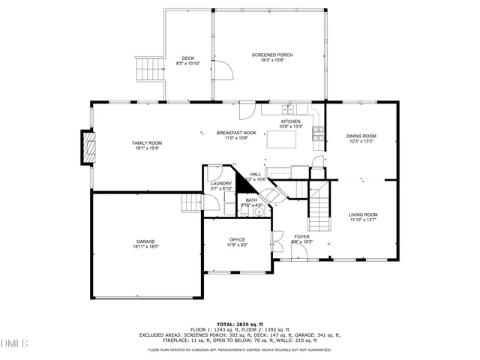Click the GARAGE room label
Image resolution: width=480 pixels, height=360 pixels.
coord(145,241)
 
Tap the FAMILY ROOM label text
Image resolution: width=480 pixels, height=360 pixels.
coord(147,142)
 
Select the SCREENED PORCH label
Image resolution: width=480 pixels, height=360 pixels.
coord(271,55)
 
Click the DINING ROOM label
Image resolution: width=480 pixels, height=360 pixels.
coord(361,136)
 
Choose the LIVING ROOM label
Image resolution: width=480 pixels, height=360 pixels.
coord(363,214)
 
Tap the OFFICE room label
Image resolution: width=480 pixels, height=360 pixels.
coord(238,239)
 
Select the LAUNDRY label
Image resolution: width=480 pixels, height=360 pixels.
coord(220,183)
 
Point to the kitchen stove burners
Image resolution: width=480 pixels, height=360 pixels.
coord(318,133)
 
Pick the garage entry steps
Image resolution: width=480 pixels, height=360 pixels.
coord(193,202)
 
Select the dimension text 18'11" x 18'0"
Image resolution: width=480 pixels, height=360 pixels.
coord(145,246)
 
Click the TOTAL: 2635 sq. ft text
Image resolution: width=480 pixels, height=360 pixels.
coord(239,323)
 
